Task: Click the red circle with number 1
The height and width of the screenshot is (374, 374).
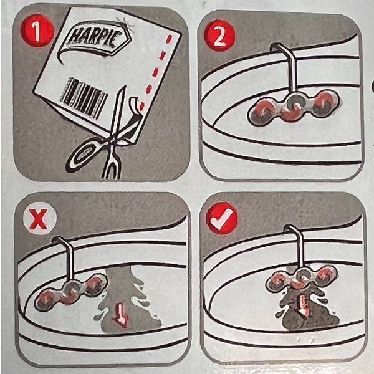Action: pyautogui.click(x=37, y=31)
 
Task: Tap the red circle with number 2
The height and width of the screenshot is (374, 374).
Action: pyautogui.click(x=219, y=36)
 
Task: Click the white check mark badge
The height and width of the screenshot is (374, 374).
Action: pyautogui.click(x=222, y=218)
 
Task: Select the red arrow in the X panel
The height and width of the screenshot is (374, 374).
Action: pyautogui.click(x=121, y=315)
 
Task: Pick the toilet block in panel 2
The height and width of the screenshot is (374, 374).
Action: pyautogui.click(x=294, y=107)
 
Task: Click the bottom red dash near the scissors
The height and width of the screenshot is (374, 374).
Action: pyautogui.click(x=142, y=106)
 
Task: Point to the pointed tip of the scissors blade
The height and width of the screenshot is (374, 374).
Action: pyautogui.click(x=124, y=86)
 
